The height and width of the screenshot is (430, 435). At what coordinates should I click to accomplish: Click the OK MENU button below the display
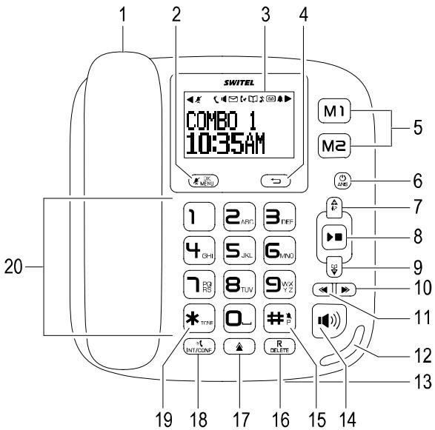pos(195,178)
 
